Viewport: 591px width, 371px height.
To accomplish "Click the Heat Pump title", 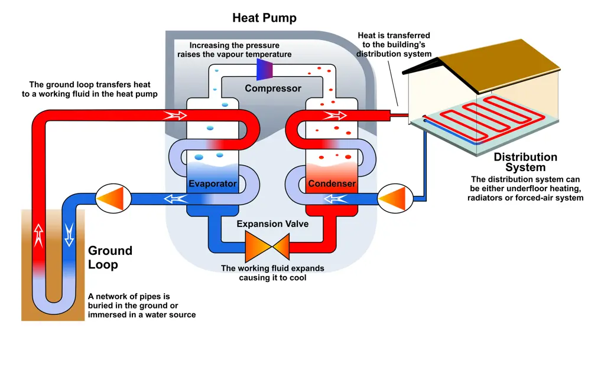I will [x=264, y=18].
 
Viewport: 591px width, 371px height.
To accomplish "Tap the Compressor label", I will [x=273, y=88].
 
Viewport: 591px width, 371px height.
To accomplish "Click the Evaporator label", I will [x=213, y=184].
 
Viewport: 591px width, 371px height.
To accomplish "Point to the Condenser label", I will [x=332, y=184].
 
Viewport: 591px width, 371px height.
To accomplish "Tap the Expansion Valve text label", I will [x=272, y=224].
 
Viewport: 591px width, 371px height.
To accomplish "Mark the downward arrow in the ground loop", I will [x=69, y=234].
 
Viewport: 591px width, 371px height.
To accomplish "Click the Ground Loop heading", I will [x=110, y=257].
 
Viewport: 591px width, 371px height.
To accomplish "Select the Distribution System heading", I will [x=525, y=162].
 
